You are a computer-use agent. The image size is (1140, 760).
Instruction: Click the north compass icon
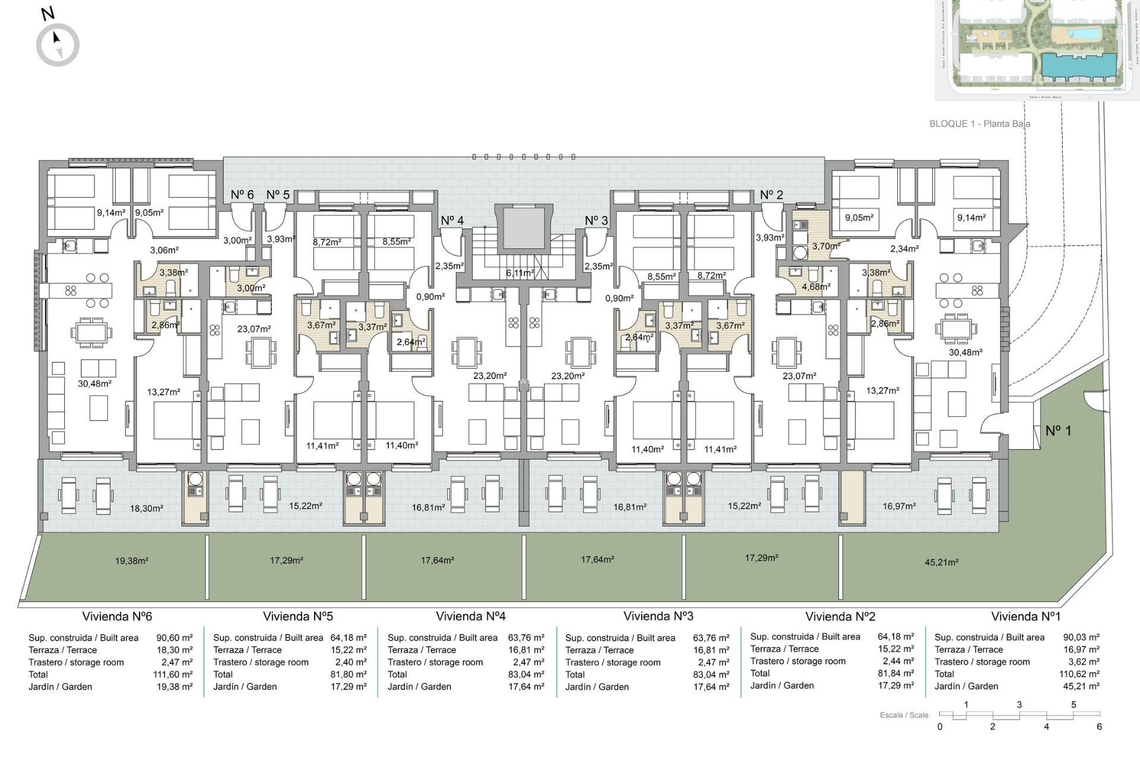click(x=58, y=45)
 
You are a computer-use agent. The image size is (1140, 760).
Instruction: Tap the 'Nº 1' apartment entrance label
click(x=1058, y=430)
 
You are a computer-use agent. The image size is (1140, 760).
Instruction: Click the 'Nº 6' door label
click(x=242, y=195)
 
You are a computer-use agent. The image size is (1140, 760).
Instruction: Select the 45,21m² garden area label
click(x=941, y=562)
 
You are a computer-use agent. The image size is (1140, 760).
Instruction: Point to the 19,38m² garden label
click(x=131, y=560)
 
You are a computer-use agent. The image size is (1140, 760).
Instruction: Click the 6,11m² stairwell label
click(x=520, y=273)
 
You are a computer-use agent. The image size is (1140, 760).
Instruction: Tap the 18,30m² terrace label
click(x=146, y=508)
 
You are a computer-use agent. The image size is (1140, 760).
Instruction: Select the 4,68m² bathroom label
click(x=816, y=286)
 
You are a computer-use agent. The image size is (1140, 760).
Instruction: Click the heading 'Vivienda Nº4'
click(x=470, y=616)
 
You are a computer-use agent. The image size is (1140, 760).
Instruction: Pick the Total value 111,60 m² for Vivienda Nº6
click(x=173, y=674)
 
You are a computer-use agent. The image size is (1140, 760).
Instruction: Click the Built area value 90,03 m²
click(x=1081, y=637)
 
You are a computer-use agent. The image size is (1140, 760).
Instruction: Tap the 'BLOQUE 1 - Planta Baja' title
click(x=980, y=123)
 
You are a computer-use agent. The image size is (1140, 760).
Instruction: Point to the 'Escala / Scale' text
click(x=904, y=715)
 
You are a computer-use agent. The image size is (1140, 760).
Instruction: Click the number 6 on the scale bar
click(x=1099, y=727)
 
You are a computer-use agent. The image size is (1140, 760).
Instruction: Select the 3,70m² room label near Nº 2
click(x=826, y=246)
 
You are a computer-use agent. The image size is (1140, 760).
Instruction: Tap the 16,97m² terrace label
click(x=899, y=506)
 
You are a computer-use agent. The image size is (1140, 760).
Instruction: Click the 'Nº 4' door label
click(x=452, y=220)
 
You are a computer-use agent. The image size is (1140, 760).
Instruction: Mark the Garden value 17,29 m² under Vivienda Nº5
click(x=349, y=686)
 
